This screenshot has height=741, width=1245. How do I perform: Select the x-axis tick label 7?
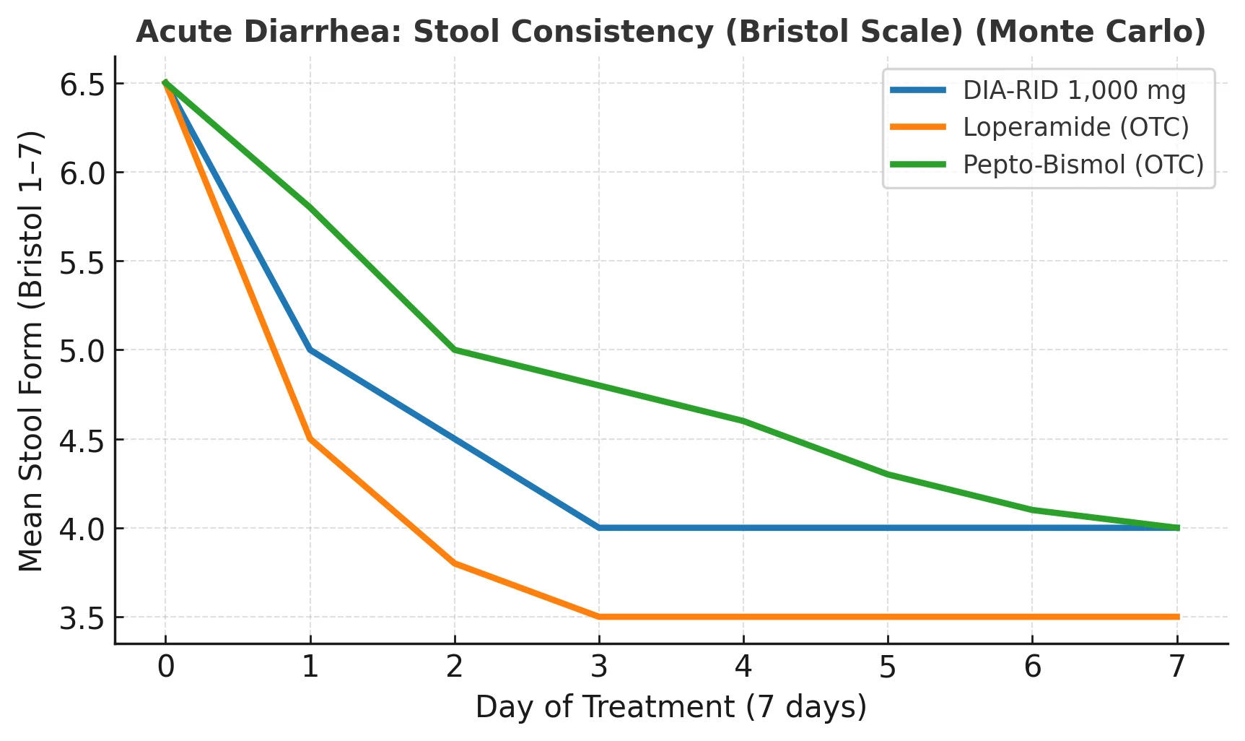tap(1177, 667)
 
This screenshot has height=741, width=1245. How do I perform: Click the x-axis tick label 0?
tap(165, 667)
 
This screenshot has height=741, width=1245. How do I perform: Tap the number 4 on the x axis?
tap(743, 667)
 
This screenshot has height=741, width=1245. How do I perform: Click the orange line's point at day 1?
tap(310, 438)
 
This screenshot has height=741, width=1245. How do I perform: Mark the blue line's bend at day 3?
tap(599, 528)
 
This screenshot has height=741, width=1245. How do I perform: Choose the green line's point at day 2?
tap(455, 350)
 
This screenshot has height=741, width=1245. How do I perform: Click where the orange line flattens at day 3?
tap(599, 617)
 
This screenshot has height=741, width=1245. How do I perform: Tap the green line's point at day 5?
tap(888, 474)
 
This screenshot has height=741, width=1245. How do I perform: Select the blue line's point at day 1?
tap(310, 350)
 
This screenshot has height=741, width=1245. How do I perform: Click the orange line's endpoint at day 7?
tap(1177, 617)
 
